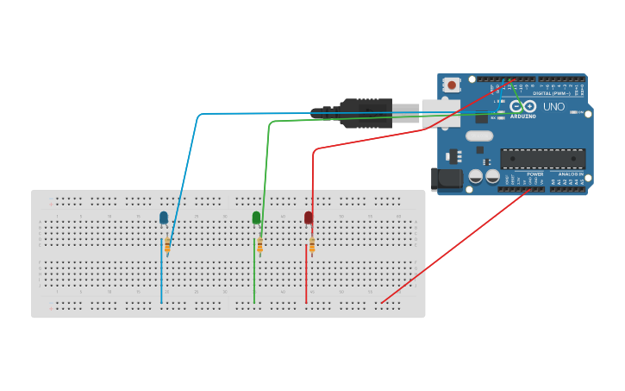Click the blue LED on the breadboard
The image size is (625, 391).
tap(164, 218)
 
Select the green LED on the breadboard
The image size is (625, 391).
tap(256, 218)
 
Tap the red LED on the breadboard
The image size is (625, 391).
tap(309, 218)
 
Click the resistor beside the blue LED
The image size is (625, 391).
tap(167, 246)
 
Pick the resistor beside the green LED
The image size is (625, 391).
tap(259, 246)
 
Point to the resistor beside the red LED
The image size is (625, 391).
tap(312, 246)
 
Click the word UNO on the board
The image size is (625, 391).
tap(553, 107)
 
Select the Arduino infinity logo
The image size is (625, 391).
tap(522, 106)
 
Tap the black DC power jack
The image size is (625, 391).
tap(449, 179)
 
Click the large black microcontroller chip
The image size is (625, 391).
tap(543, 159)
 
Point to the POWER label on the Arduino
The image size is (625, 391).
tap(535, 173)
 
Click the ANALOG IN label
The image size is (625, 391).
tap(570, 173)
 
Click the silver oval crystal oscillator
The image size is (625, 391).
tap(479, 136)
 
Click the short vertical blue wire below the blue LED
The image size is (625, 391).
tap(161, 281)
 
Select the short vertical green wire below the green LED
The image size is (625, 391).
tap(254, 281)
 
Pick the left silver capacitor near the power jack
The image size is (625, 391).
tap(475, 176)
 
